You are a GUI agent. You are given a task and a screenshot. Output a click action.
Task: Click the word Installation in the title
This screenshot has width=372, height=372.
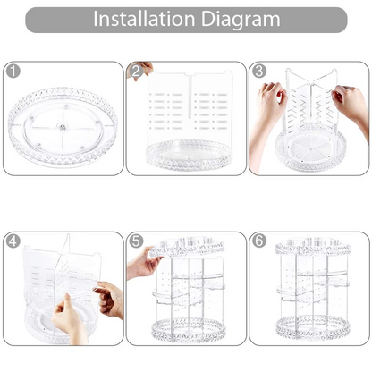[x=144, y=19]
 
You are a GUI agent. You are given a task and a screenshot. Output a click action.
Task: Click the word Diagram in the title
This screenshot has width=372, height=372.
[x=241, y=20]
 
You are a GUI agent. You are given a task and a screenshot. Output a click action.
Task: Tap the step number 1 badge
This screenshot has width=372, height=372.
[x=13, y=72]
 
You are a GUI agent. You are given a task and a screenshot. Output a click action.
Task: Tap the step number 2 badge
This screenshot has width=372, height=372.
[x=136, y=72]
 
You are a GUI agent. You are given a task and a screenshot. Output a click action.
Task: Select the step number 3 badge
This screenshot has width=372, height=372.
[x=259, y=72]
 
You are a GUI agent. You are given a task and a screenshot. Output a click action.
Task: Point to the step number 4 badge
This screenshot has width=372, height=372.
[x=13, y=241]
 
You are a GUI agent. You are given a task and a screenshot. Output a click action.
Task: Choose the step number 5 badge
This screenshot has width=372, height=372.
[x=136, y=241]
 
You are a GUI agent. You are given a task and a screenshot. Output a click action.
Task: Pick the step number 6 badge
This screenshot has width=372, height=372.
[x=259, y=241]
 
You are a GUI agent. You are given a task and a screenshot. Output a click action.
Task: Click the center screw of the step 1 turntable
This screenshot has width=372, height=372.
[x=63, y=128]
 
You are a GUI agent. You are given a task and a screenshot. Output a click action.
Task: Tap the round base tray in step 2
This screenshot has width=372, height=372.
[x=190, y=155]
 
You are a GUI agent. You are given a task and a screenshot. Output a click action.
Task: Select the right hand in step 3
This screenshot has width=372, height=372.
[x=351, y=105]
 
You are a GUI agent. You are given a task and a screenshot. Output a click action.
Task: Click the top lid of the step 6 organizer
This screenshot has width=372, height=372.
[x=312, y=247]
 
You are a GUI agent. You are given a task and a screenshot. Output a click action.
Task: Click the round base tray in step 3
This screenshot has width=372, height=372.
[x=310, y=150]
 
